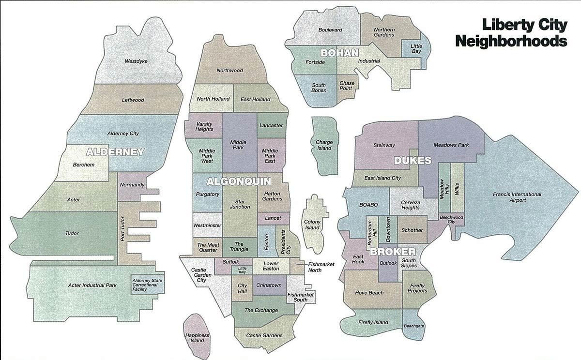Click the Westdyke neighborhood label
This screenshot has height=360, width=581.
click(136, 61)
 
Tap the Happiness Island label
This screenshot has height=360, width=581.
click(197, 338)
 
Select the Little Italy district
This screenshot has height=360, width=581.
click(242, 271)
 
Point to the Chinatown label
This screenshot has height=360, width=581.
click(268, 285)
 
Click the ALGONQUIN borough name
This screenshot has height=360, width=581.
click(239, 181)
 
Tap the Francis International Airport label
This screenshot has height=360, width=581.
click(517, 197)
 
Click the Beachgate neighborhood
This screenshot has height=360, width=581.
click(413, 326)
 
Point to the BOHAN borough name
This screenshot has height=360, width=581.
click(339, 53)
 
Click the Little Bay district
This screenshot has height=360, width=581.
click(416, 48)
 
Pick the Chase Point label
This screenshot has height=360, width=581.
click(347, 86)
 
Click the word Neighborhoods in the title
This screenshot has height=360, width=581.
click(511, 41)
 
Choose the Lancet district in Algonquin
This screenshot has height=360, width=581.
click(273, 218)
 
